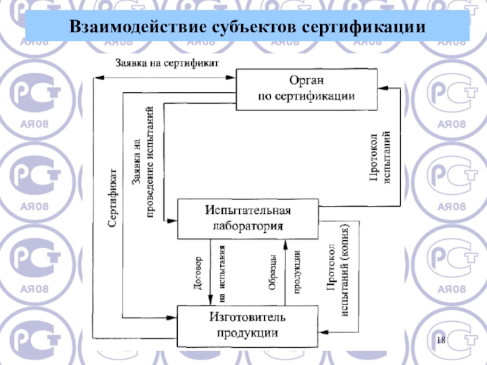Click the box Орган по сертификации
pos(306,89)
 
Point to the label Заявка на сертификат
pos(167,63)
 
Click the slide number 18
pos(443,338)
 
